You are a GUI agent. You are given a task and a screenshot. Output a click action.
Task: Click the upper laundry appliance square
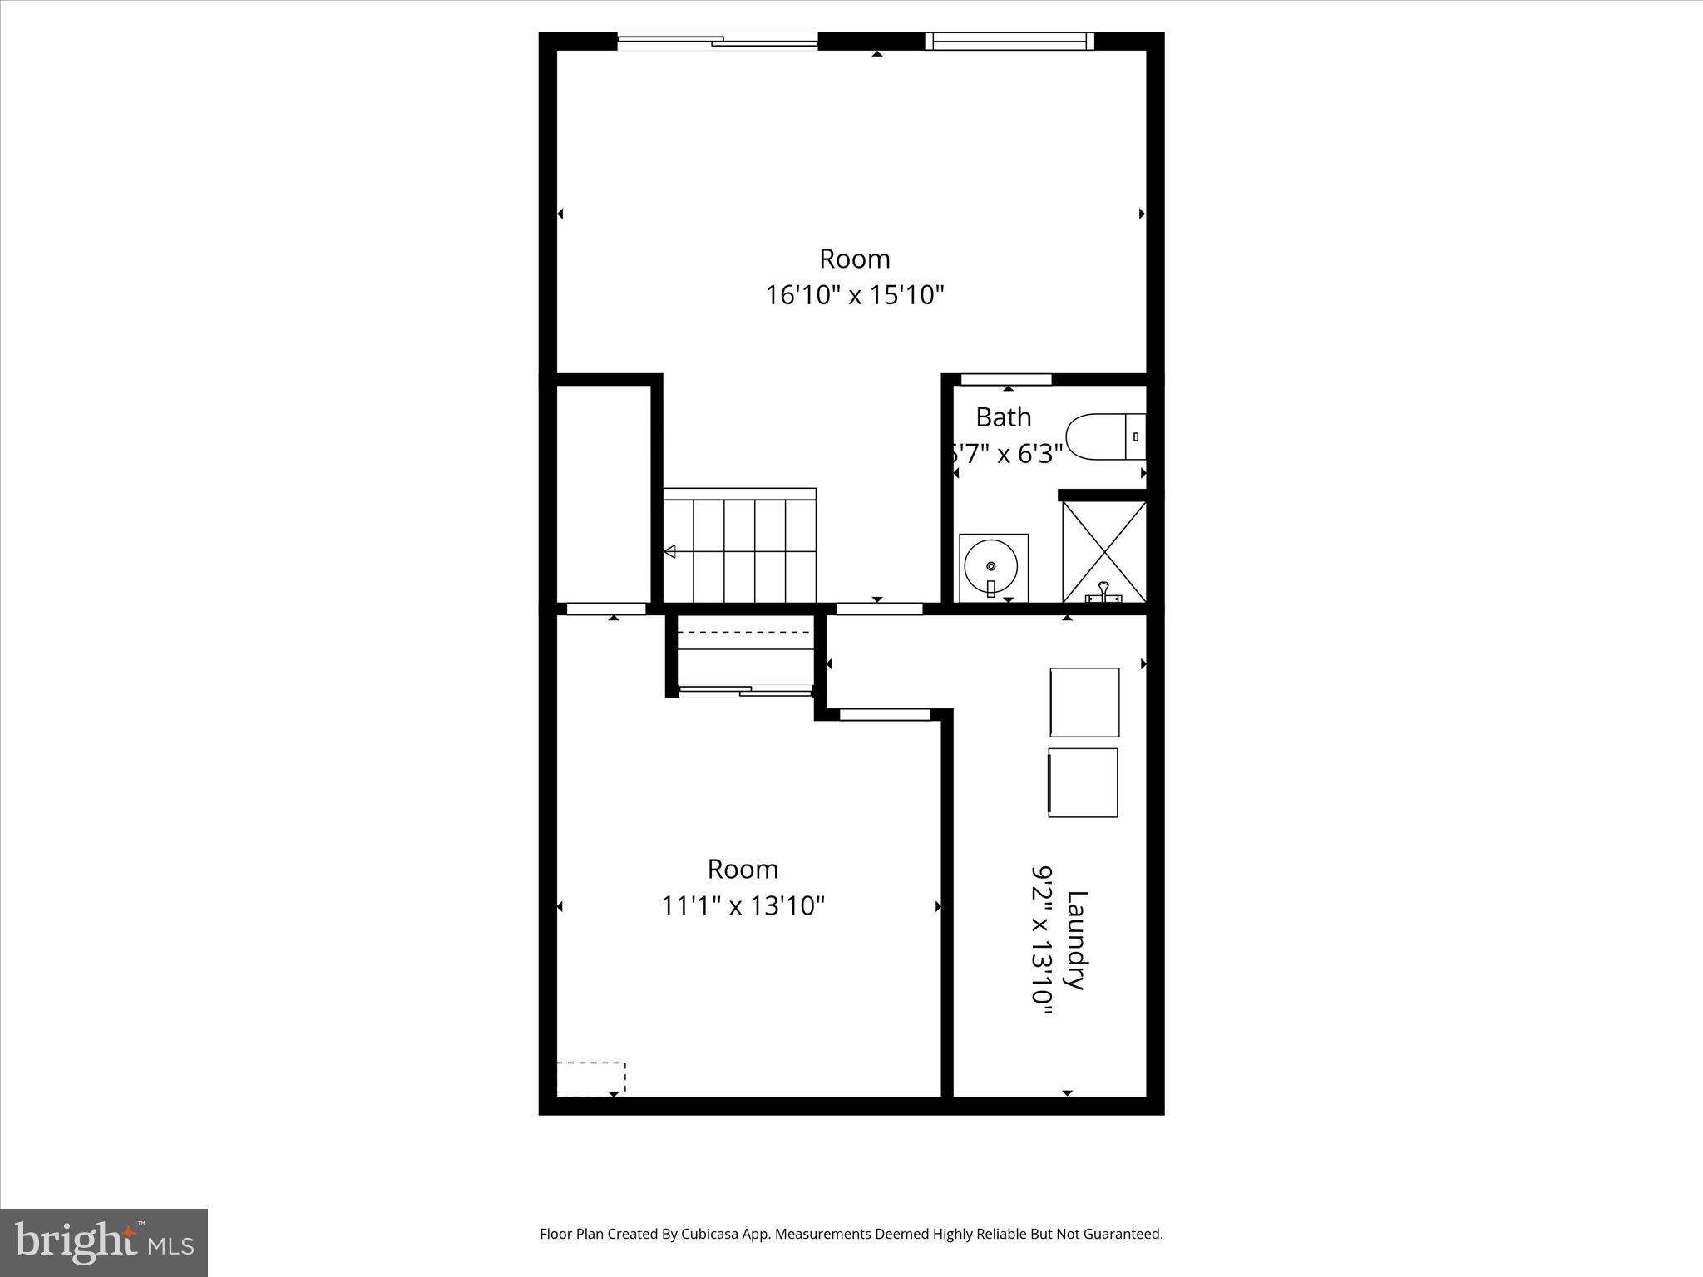coord(1084,703)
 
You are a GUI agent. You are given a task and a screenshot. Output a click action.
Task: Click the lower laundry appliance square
coord(1083,782)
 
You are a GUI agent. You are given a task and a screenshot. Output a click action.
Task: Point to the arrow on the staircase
coord(669,551)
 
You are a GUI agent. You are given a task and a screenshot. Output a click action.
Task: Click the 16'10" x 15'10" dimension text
coord(855,295)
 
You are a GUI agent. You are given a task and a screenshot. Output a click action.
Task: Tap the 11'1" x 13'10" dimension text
coord(743,905)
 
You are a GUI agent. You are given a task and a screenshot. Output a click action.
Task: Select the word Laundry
coord(1077,940)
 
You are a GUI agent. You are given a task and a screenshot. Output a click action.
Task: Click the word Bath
coord(1003,417)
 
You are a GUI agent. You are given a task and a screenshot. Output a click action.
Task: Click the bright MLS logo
coord(104,1243)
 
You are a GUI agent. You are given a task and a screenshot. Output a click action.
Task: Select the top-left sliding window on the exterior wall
coord(718,41)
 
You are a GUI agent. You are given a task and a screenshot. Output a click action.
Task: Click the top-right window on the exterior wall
coord(1009,41)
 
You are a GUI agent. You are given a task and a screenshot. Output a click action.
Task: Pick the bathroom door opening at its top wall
coord(1006,380)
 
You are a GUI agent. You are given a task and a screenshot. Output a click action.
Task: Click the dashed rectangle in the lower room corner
coord(591,1078)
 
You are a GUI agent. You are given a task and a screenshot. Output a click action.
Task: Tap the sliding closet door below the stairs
coord(745,690)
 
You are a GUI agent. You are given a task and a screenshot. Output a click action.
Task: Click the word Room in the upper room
coord(855,259)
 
